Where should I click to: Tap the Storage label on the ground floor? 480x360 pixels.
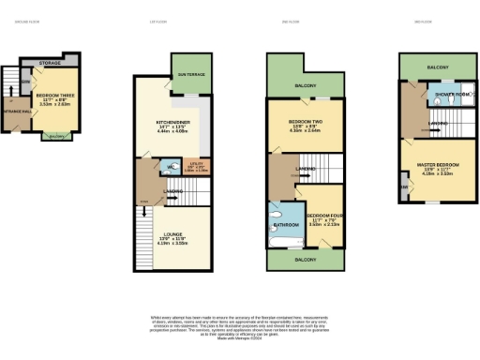point(52,64)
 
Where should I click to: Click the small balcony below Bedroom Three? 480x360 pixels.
point(57,138)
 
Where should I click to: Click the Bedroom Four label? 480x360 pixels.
point(322,215)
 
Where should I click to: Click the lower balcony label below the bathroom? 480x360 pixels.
point(304,258)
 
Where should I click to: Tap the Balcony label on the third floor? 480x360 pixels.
point(437,67)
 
